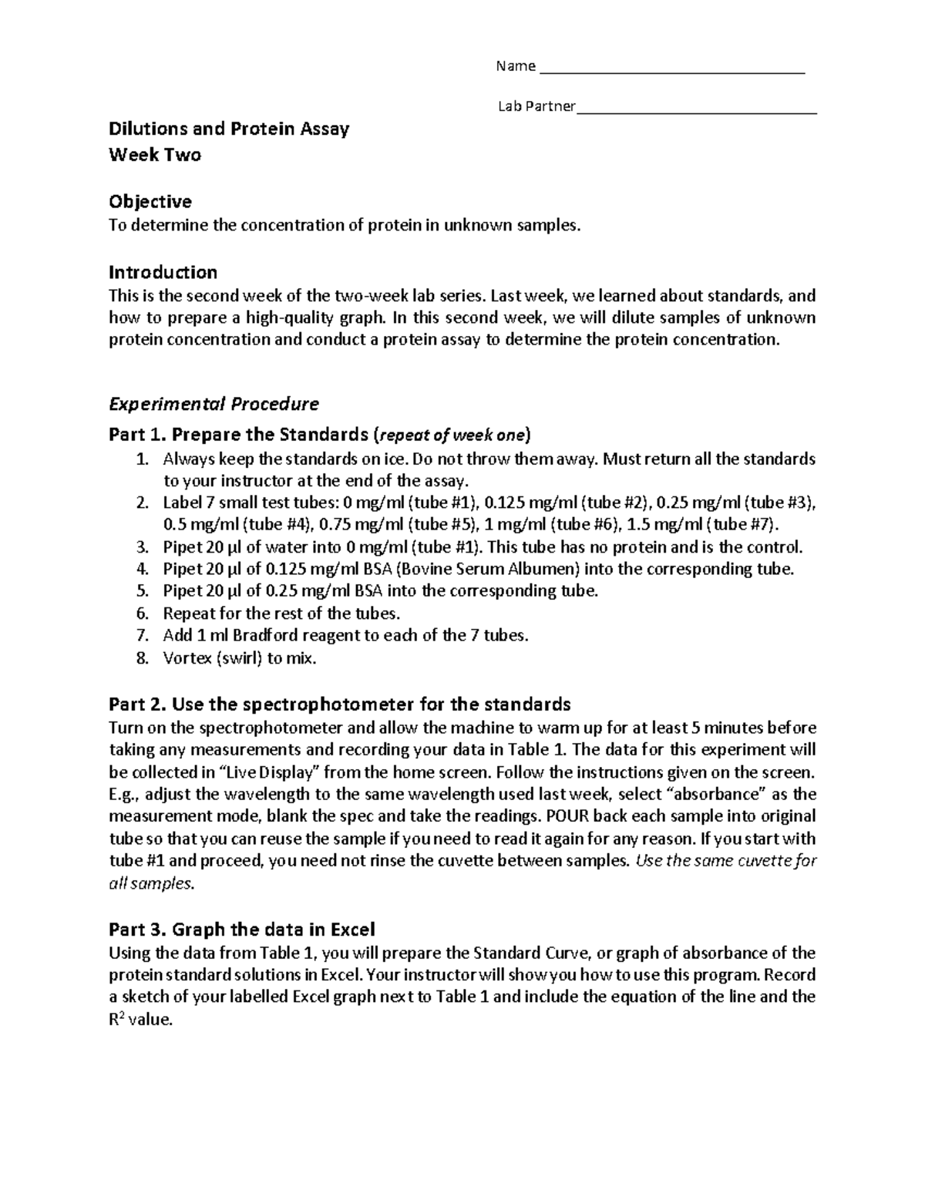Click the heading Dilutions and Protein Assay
pos(229,129)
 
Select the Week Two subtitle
pos(155,155)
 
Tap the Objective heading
pos(150,202)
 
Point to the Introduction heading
pos(163,272)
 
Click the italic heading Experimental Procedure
pos(214,404)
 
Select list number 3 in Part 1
pos(141,548)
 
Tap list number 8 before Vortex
pos(141,659)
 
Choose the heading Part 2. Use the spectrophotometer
pos(339,704)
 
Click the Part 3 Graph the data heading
pos(241,929)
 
